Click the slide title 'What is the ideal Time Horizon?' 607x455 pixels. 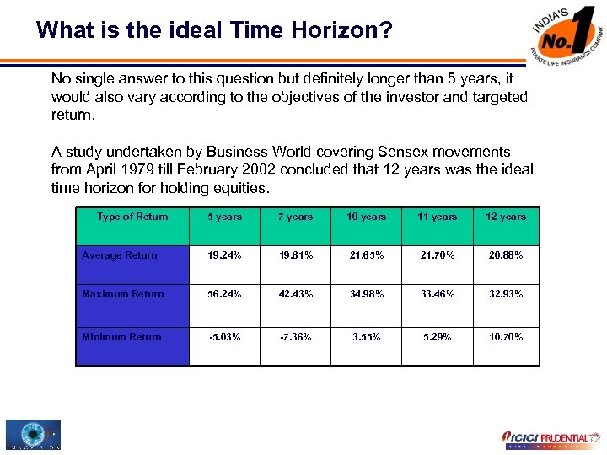tap(214, 31)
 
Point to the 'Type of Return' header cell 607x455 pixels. tap(132, 217)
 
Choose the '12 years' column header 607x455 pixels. tap(506, 217)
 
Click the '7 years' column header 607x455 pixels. tap(295, 217)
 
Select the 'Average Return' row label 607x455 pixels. tap(120, 255)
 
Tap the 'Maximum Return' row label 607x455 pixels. tap(123, 294)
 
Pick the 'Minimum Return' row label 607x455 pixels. tap(121, 337)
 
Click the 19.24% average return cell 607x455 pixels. tap(224, 255)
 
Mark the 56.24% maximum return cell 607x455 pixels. tap(224, 294)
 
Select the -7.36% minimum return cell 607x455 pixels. tap(295, 337)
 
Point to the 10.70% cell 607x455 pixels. tap(506, 337)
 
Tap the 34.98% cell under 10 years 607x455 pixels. tap(366, 294)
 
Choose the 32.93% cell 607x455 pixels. tap(506, 294)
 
